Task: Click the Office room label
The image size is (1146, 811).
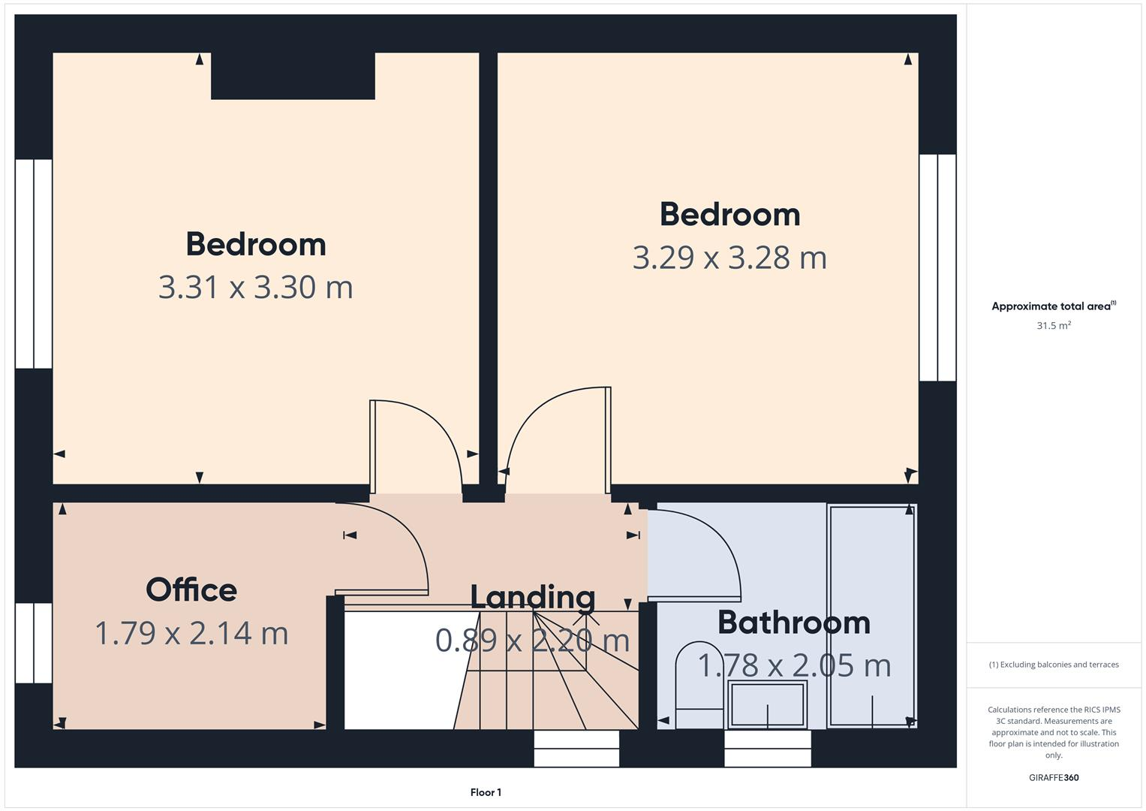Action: pos(191,590)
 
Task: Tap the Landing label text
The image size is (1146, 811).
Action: pos(532,597)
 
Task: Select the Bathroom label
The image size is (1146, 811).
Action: pos(793,623)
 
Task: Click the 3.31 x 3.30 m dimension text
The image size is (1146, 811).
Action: pos(255,288)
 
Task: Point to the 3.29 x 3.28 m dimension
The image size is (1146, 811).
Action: pos(729,258)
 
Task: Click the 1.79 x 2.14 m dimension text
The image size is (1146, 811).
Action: pos(191,633)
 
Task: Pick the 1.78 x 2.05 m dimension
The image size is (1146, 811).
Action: pos(794,665)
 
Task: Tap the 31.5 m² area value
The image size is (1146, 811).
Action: pos(1053,326)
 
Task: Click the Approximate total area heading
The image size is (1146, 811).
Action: pos(1053,306)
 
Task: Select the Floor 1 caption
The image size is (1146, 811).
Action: pos(486,792)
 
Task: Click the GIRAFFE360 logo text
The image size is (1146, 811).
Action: pos(1053,778)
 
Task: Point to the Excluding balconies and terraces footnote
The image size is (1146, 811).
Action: pos(1053,665)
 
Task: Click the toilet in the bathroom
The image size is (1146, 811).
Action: pos(698,683)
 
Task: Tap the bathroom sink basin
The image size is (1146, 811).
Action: pos(767,704)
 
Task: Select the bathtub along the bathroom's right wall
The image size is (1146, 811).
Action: pos(871,616)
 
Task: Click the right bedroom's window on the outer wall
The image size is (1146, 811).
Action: pos(937,267)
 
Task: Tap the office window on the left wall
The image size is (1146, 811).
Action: pos(34,643)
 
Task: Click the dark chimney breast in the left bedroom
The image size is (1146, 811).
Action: pos(293,76)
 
